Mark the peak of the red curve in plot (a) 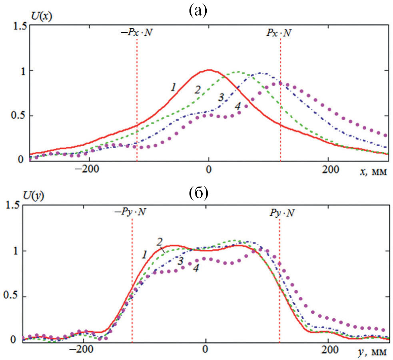pyautogui.click(x=209, y=70)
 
